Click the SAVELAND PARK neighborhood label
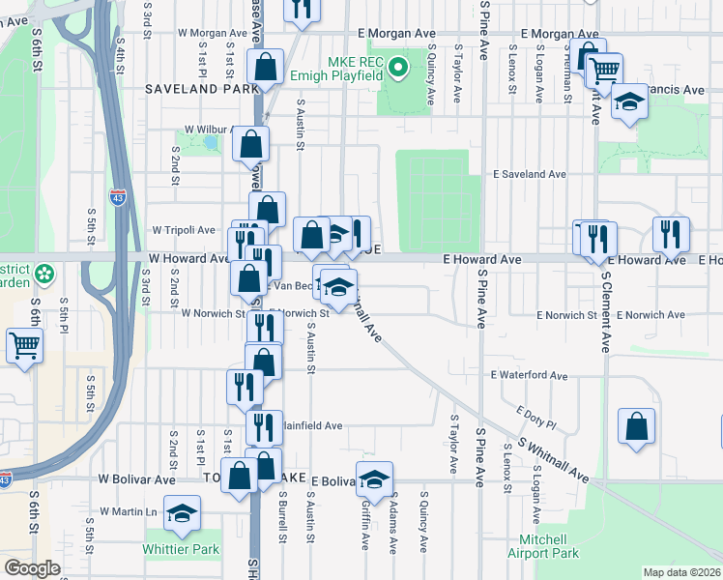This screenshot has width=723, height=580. click(201, 89)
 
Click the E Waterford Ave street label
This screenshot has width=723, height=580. click(529, 375)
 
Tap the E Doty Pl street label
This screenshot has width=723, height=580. click(536, 418)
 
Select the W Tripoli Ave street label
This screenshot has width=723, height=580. click(184, 230)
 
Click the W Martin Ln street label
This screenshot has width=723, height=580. click(128, 511)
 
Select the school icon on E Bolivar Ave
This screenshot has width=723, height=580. click(374, 477)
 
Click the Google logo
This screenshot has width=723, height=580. click(32, 568)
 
